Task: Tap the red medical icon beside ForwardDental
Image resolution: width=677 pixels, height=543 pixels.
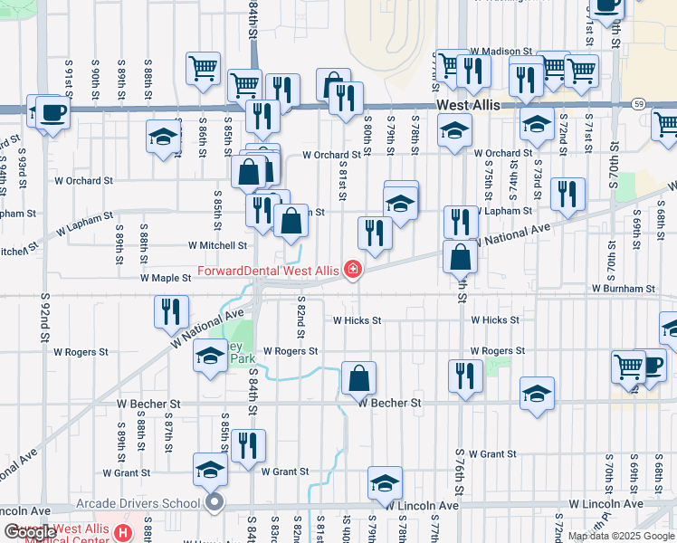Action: point(350,271)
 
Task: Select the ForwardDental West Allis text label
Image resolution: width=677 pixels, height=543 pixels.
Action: point(268,271)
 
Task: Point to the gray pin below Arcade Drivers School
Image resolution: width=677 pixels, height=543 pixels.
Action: point(215,503)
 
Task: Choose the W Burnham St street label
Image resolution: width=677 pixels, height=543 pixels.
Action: point(623,288)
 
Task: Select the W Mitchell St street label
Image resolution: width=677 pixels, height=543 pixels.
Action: point(217,245)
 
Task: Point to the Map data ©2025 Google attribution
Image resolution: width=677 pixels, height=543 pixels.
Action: point(622,536)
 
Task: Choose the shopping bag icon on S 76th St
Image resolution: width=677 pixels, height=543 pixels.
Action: point(461,257)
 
